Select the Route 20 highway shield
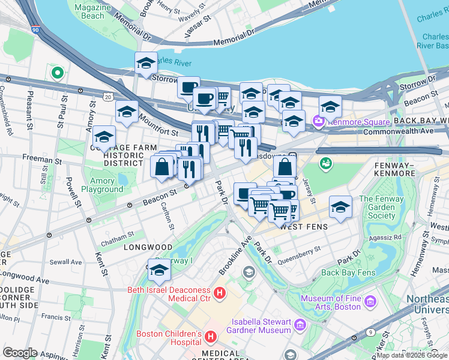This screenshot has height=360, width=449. click(x=107, y=96)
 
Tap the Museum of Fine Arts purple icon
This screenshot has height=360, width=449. click(x=370, y=301)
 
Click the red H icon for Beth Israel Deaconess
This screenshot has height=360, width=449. click(x=220, y=293)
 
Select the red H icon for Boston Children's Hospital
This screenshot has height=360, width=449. click(x=210, y=338)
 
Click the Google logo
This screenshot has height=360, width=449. click(x=20, y=352)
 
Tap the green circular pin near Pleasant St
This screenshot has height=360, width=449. click(x=58, y=73)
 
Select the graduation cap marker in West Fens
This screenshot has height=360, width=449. click(x=340, y=208)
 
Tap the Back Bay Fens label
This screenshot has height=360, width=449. click(x=348, y=272)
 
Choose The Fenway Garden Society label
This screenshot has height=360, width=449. click(x=382, y=207)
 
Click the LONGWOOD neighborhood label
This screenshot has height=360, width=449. click(x=148, y=247)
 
